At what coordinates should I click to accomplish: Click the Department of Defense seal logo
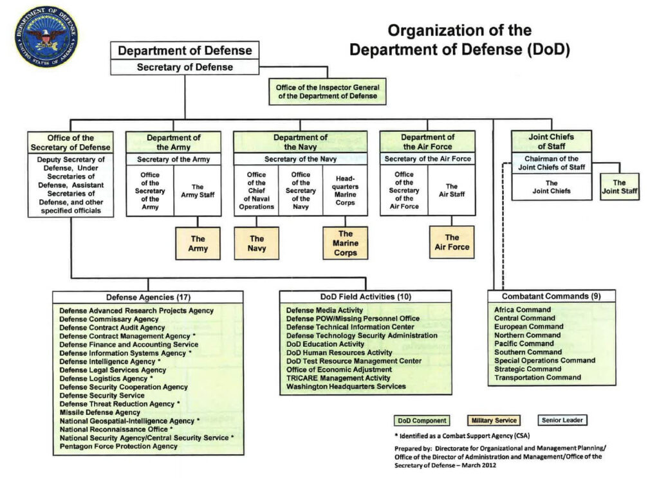[x=46, y=37]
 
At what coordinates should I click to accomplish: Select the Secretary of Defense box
[x=185, y=67]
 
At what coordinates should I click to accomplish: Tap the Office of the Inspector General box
[x=328, y=91]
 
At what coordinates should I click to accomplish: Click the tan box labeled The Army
[x=198, y=243]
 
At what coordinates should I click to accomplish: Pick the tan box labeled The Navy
[x=256, y=243]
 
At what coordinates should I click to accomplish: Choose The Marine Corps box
[x=346, y=243]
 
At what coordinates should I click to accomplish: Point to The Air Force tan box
[x=452, y=242]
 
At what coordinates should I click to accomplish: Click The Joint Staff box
[x=619, y=187]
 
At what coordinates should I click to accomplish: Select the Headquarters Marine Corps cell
[x=345, y=189]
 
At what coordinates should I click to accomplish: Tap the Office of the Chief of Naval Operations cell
[x=256, y=190]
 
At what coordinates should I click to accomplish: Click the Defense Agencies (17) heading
[x=148, y=297]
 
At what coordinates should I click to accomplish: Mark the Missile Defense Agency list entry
[x=100, y=412]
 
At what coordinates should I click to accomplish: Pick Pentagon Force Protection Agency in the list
[x=118, y=446]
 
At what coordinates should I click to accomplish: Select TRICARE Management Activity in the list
[x=338, y=378]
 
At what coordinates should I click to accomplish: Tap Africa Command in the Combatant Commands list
[x=523, y=310]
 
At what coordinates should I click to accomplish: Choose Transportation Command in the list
[x=537, y=378]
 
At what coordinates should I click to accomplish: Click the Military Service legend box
[x=494, y=421]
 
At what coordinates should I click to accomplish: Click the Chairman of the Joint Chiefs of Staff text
[x=551, y=163]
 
